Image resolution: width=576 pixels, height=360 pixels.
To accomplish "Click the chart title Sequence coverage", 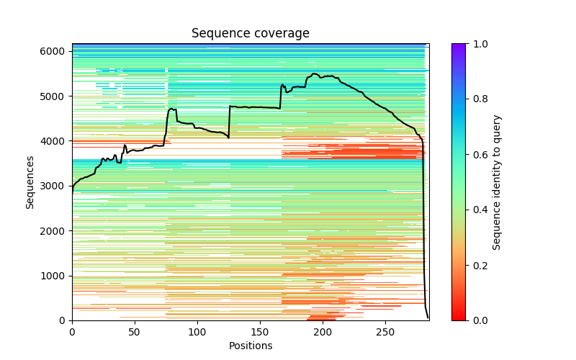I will click(x=251, y=34).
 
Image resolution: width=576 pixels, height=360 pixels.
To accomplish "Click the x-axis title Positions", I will click(x=251, y=346).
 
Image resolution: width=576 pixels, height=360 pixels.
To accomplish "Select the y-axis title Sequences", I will click(x=30, y=181).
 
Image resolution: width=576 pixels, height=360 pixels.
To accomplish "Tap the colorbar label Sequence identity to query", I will click(x=497, y=181).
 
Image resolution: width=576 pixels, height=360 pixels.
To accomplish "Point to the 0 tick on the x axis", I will click(x=72, y=330).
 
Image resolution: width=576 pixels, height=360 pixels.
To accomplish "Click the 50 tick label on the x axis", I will click(x=135, y=330).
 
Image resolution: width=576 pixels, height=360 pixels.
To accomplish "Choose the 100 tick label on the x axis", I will click(x=197, y=330).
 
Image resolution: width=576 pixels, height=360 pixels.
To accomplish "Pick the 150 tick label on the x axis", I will click(x=260, y=330).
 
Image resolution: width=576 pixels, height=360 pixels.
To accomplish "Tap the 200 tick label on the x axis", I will click(x=323, y=330).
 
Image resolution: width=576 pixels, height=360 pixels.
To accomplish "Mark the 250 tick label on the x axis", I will click(x=385, y=330).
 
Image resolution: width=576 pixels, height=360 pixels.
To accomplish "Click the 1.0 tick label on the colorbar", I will click(x=478, y=44).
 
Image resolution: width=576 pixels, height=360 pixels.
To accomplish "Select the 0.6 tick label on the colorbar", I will click(x=478, y=155).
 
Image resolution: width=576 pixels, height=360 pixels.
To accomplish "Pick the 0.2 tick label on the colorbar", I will click(x=478, y=265).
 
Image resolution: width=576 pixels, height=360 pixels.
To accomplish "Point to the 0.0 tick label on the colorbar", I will click(x=478, y=320).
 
